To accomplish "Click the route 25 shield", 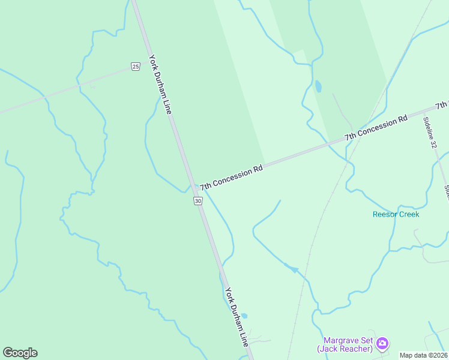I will click(136, 66).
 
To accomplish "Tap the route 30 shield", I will click(198, 201).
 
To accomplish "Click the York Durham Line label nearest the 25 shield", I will click(161, 85).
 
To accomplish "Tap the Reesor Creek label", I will click(396, 214).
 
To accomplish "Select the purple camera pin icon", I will click(382, 344).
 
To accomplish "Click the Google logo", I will click(20, 353).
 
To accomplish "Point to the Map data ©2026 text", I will click(423, 355).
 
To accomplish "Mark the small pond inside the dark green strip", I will click(318, 87).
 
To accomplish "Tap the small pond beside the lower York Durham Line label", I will click(244, 316).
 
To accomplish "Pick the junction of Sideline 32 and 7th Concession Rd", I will click(423, 112).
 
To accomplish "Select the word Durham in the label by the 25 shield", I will click(160, 83).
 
